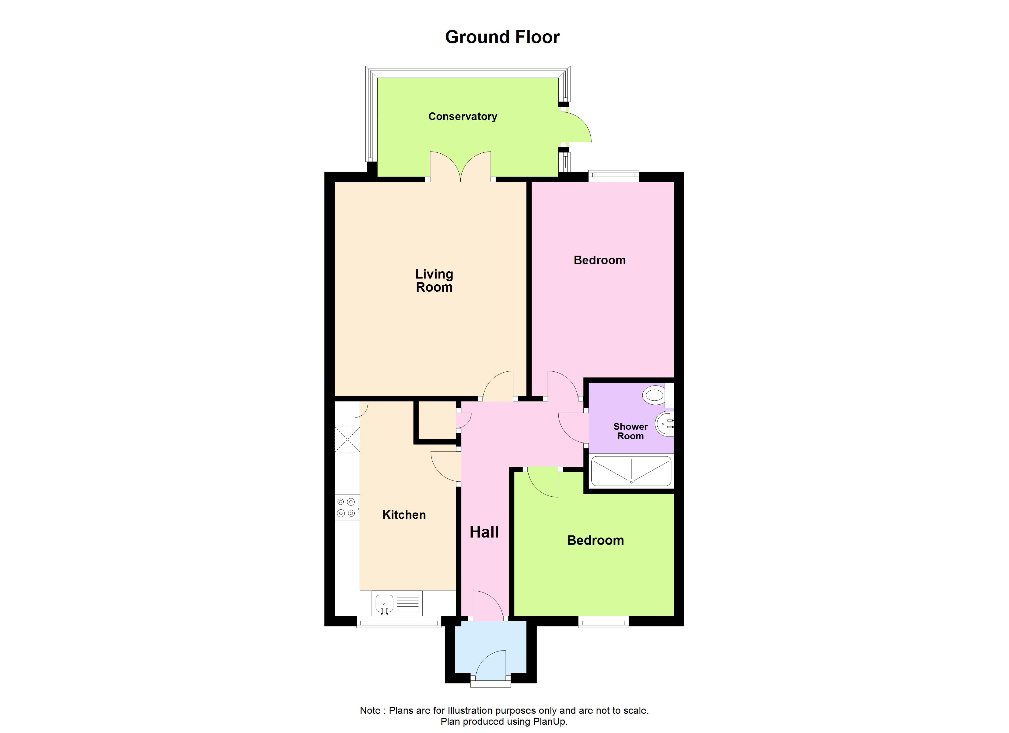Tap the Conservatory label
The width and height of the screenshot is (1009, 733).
tap(462, 116)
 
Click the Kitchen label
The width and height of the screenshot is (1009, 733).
tap(404, 515)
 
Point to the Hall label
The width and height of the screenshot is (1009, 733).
tap(484, 532)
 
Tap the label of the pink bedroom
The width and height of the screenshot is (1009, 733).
tap(599, 260)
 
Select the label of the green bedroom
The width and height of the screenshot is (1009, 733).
tap(595, 541)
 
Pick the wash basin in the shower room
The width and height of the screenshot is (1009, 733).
tap(665, 424)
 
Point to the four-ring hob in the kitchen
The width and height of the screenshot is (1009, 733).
tap(346, 508)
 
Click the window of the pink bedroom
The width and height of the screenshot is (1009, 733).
tap(613, 176)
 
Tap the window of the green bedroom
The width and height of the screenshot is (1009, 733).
tap(603, 622)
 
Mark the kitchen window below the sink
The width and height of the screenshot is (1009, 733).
tap(399, 622)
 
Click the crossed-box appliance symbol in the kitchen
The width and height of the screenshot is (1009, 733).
tap(347, 439)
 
